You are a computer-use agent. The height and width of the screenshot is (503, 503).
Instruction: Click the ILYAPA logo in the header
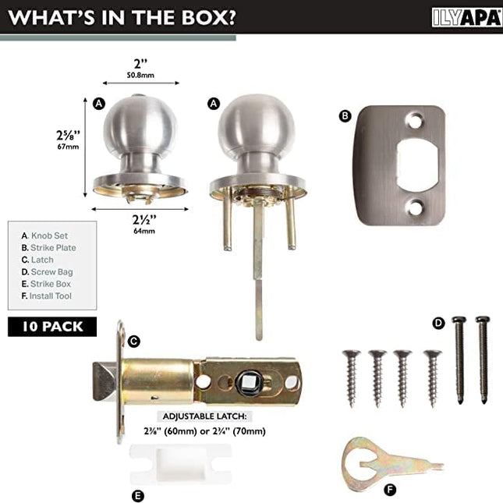tap(467, 17)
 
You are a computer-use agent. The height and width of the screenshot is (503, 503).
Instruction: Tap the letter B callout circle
tap(345, 115)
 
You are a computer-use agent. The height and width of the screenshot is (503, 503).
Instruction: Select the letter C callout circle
tap(134, 341)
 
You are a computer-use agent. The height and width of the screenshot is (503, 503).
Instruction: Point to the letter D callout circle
tap(438, 323)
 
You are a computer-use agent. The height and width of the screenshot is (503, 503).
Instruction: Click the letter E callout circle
tap(137, 496)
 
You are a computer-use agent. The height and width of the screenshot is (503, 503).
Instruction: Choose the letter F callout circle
tap(390, 490)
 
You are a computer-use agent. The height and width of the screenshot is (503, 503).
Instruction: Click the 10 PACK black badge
tap(52, 327)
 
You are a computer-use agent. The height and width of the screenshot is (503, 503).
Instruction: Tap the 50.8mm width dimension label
tap(140, 75)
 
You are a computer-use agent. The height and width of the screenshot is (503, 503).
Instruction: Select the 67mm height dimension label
tap(68, 147)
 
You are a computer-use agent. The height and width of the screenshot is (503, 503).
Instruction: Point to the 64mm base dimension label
tap(144, 231)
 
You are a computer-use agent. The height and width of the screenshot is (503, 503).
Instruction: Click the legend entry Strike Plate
tap(49, 248)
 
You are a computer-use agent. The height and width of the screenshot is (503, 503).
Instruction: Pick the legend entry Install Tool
tap(47, 296)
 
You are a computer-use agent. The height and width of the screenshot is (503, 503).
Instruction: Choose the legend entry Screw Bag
tap(47, 272)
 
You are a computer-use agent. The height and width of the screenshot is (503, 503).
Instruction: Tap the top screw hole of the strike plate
tap(414, 121)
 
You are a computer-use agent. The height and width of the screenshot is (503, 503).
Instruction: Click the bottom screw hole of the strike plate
tap(414, 207)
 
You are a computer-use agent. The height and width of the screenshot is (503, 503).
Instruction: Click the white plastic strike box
tap(180, 464)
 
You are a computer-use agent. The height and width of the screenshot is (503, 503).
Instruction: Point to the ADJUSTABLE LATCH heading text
tap(204, 416)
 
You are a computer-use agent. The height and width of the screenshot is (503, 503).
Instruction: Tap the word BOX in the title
tap(209, 17)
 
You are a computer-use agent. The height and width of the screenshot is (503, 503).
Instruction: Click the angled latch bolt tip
tap(104, 381)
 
